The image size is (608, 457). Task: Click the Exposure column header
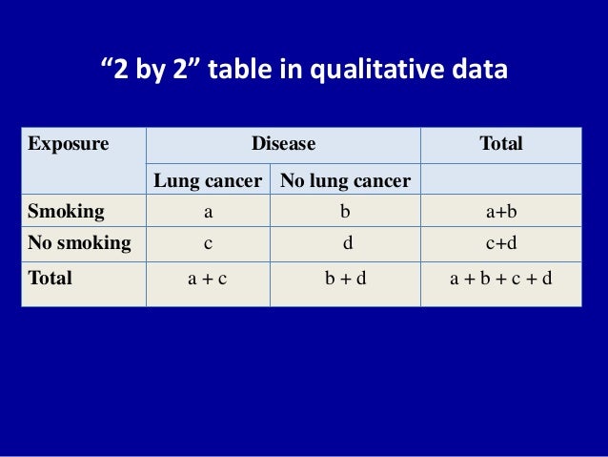[68, 145]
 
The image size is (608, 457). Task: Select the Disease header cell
[283, 145]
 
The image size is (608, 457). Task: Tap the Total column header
[500, 145]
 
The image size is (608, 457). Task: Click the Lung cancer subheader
[208, 180]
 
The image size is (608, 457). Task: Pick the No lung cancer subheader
[345, 180]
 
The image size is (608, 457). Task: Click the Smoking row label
[66, 211]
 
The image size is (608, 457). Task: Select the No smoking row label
[79, 242]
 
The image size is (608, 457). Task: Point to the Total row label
[51, 280]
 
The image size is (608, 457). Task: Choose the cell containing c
[208, 243]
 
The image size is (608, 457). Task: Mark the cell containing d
[345, 243]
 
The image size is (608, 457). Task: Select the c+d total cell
[500, 243]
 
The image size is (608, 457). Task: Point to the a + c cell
[208, 280]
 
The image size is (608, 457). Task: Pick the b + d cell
[345, 280]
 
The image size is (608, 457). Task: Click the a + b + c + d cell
[500, 280]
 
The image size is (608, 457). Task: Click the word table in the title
[253, 71]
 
